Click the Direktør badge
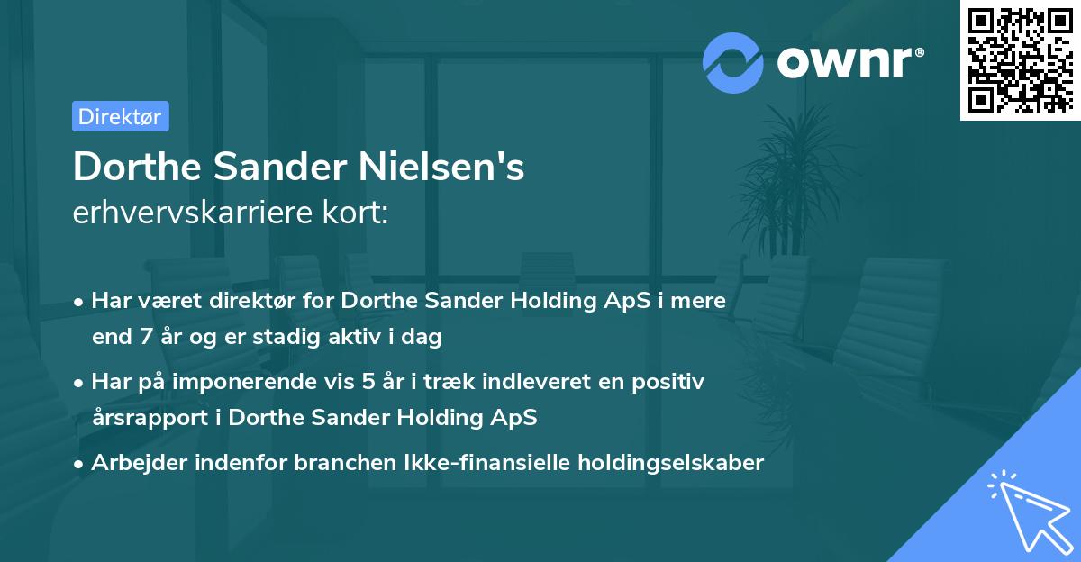120,116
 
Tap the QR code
1020,60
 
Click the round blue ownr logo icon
734,62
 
